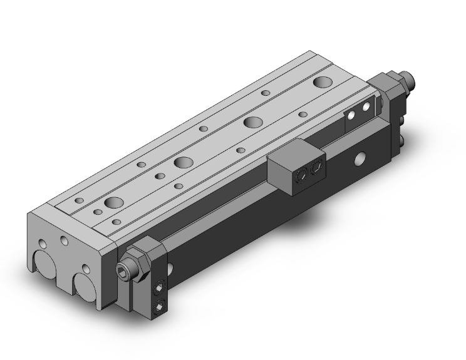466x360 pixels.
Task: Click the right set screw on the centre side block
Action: [316, 168]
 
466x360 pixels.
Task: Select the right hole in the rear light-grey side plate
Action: [365, 107]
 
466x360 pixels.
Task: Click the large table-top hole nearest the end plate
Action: [114, 202]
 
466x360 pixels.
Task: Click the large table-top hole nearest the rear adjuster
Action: [323, 82]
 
